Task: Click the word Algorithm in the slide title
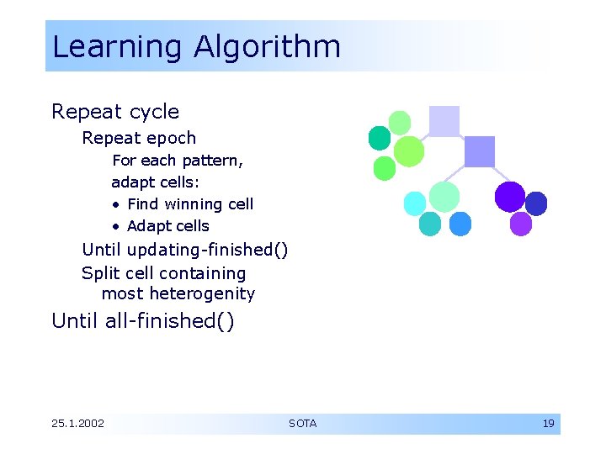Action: coord(267,47)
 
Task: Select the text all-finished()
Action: coord(169,321)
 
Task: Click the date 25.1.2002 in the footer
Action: coord(78,424)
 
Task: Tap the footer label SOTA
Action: coord(303,424)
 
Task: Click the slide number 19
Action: coord(548,424)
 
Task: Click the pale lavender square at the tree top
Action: coord(444,121)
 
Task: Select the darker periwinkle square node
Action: coord(480,151)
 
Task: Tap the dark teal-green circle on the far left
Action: coord(380,138)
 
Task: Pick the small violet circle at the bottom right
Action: coord(521,224)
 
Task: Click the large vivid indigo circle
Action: coord(509,197)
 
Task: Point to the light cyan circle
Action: coord(415,203)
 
